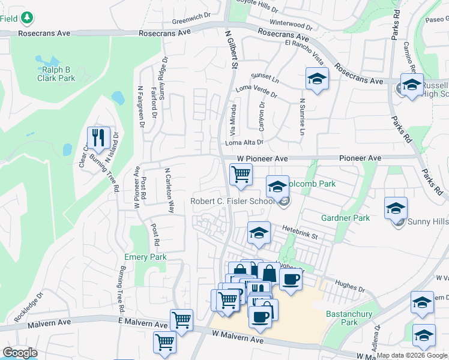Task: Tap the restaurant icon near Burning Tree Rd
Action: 97,137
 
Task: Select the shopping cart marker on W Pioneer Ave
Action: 241,174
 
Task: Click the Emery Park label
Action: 145,257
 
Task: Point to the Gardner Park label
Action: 345,218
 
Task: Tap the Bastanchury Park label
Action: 349,318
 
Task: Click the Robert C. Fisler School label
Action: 233,202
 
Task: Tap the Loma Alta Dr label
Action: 244,143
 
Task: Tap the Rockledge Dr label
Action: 32,307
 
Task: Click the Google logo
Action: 20,353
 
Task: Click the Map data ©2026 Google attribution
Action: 412,355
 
